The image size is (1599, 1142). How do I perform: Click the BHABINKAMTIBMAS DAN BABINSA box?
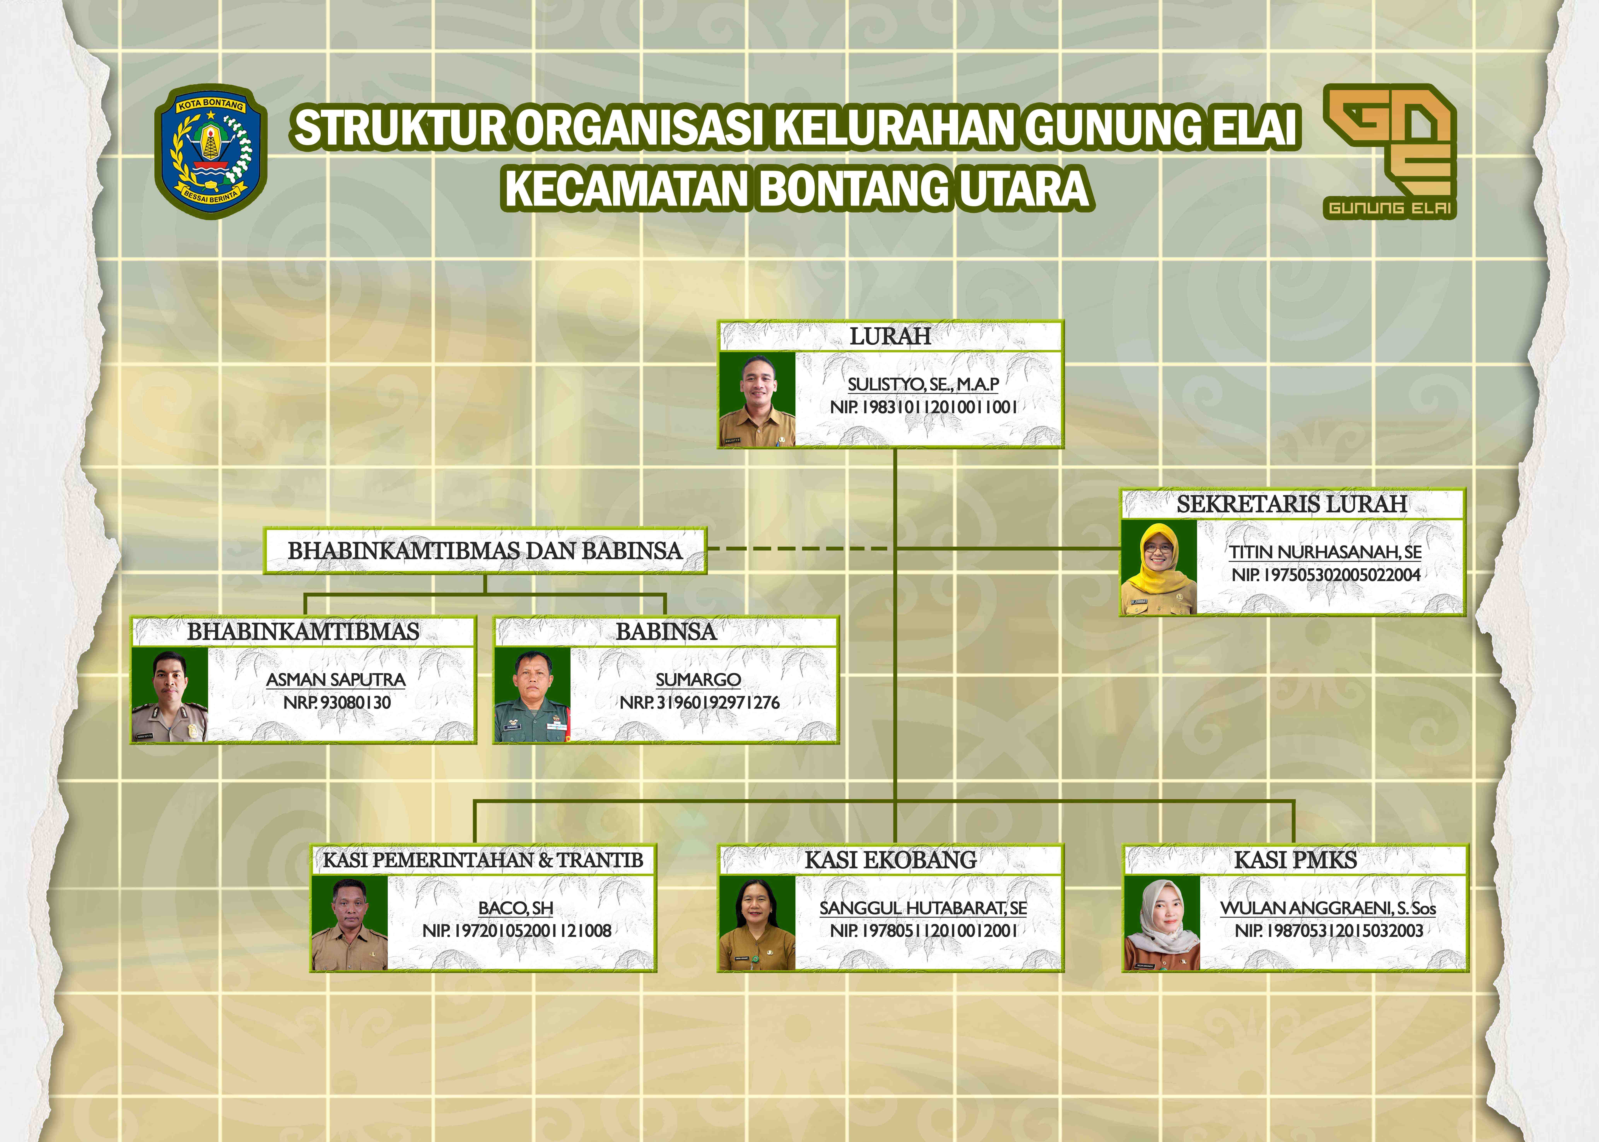coord(484,551)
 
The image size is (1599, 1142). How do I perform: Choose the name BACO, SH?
coord(515,908)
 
